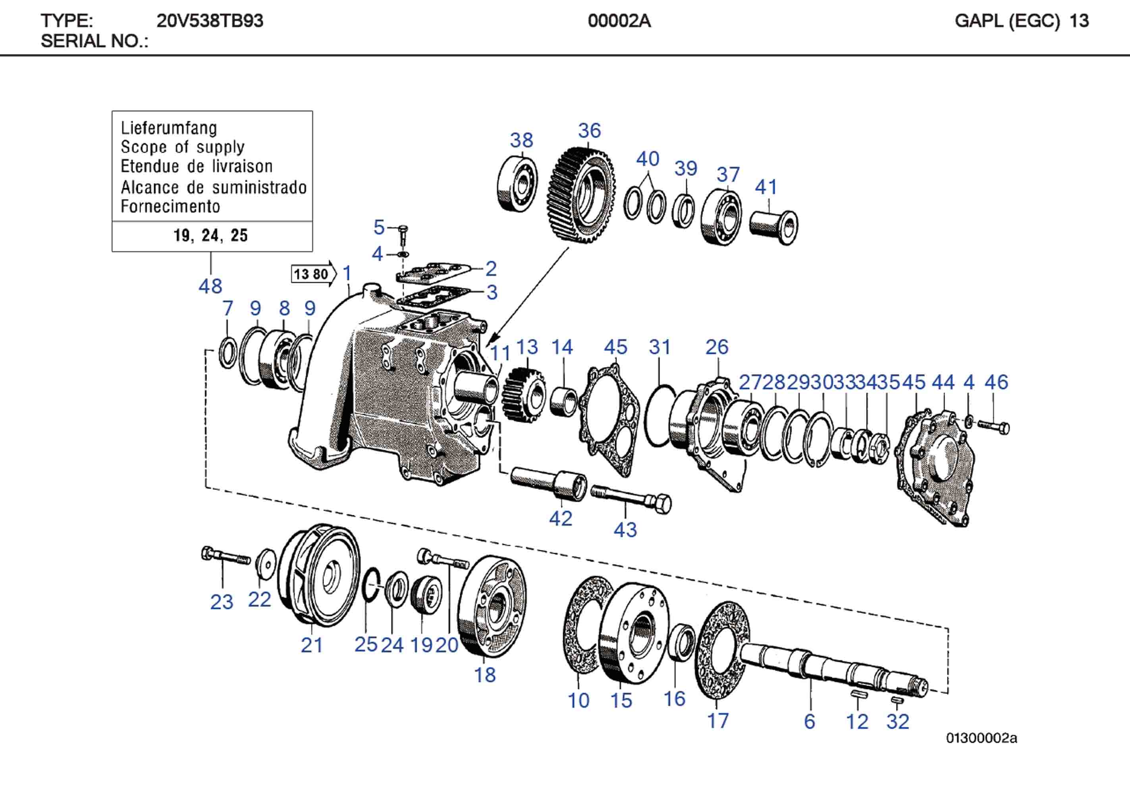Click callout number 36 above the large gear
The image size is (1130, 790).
(589, 131)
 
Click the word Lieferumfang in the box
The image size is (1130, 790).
(168, 128)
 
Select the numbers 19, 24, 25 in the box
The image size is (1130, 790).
(211, 236)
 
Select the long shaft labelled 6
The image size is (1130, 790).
(832, 667)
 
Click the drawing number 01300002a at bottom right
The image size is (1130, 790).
(981, 738)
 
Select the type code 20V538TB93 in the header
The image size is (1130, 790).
(210, 21)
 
